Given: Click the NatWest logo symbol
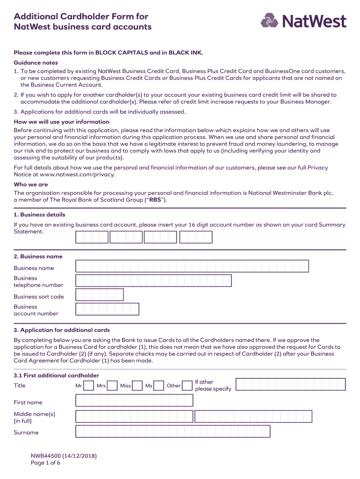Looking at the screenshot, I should pos(269,21).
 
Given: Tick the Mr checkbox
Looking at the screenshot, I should pos(89,386).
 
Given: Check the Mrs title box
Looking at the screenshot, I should pos(113,386).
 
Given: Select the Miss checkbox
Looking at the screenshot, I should pos(137,386).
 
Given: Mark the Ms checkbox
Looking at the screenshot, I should pos(159,386).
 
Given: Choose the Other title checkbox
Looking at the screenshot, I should pos(187,386).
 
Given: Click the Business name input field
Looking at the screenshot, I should pos(192,266).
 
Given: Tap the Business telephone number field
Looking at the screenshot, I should pos(153,281).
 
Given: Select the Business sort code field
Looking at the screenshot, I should pos(100,295).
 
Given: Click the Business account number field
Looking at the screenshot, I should pos(107,309).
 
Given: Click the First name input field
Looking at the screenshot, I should pos(134,400).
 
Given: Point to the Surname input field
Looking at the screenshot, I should pos(173,432).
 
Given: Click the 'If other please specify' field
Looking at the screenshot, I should pos(290,385).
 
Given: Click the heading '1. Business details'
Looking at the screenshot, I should pos(40,215).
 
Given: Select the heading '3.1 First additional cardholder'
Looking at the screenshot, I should pos(56,376).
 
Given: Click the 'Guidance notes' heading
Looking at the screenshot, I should pos(36,63).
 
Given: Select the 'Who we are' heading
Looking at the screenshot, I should pos(31,185).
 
